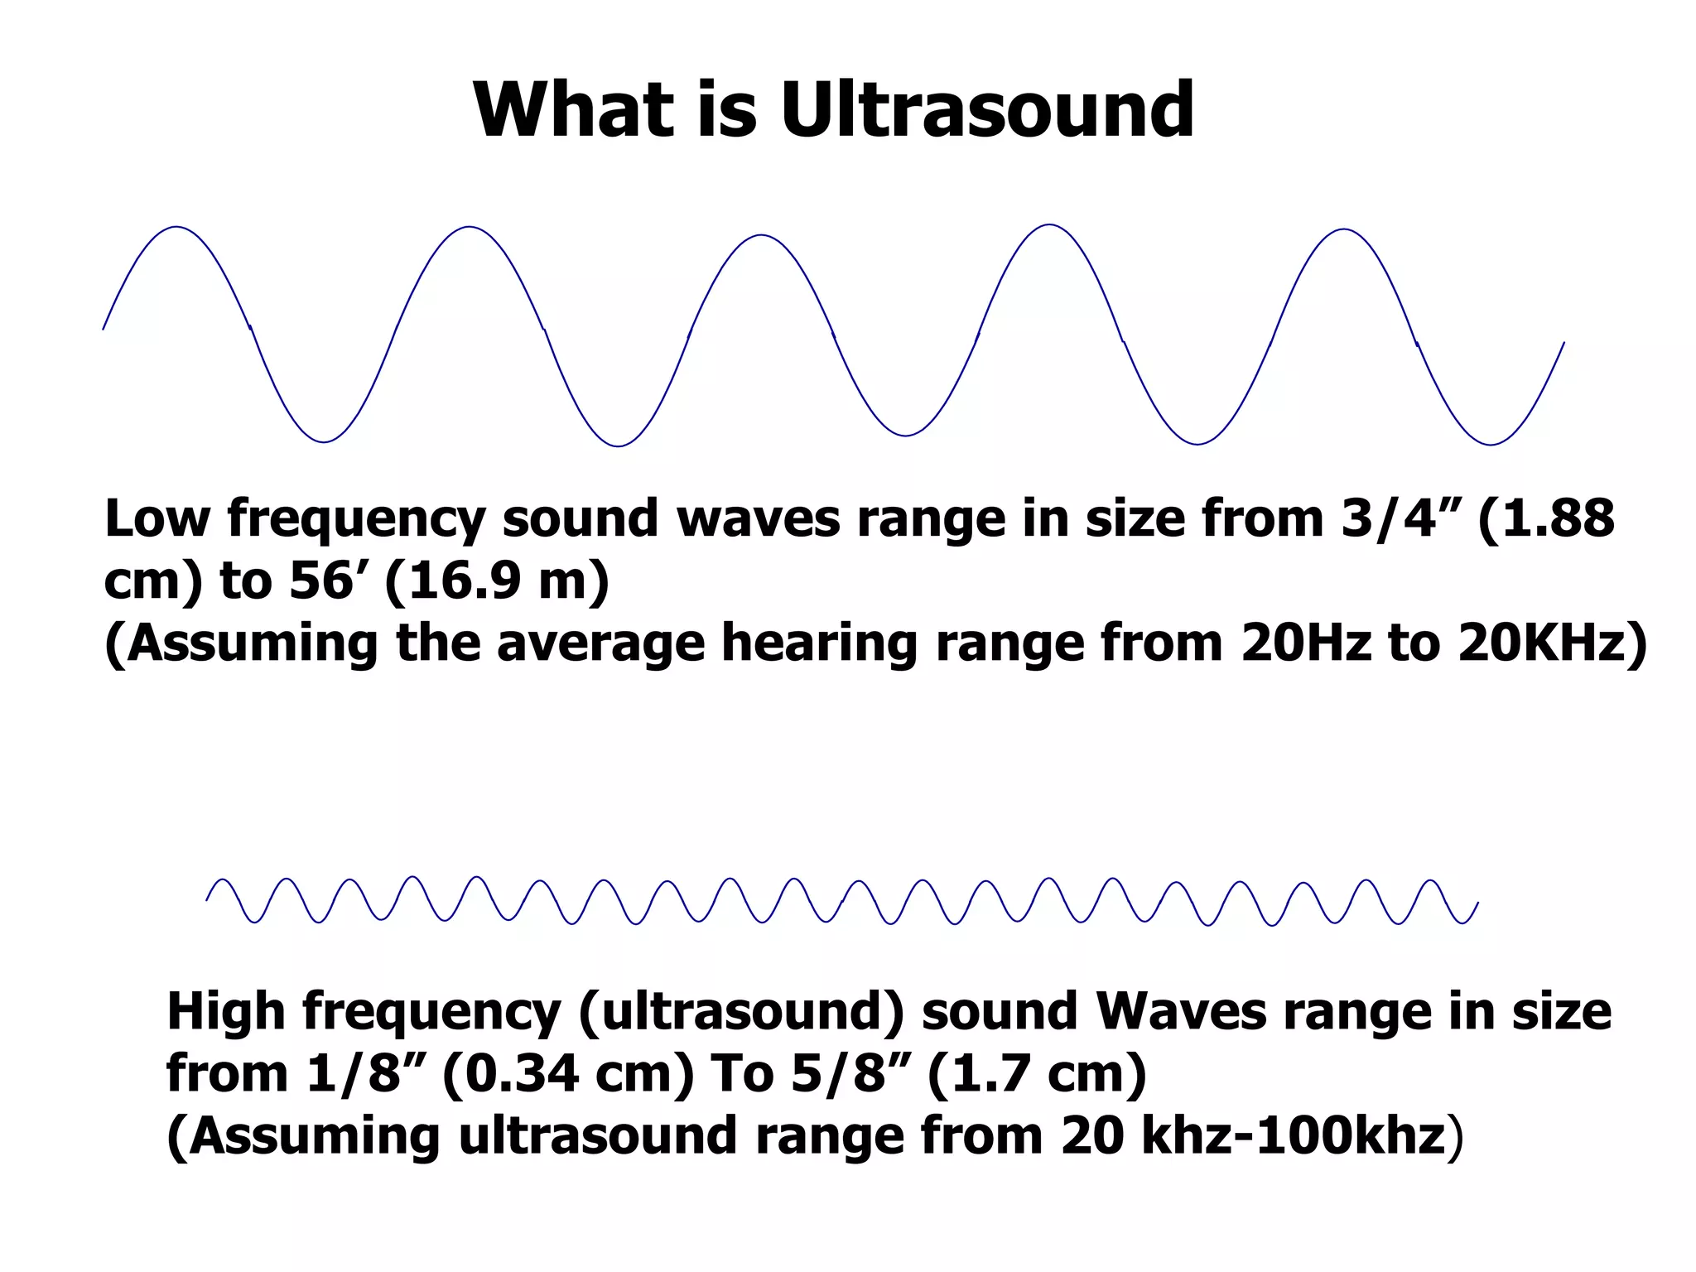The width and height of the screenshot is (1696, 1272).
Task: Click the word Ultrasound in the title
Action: [987, 110]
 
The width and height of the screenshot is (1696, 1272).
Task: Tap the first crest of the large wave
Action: [176, 227]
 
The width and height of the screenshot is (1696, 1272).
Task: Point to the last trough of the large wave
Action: [1490, 444]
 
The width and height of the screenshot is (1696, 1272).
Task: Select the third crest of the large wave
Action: [761, 236]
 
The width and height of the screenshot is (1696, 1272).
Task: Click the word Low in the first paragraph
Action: [157, 519]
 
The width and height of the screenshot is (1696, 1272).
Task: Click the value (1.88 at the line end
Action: [1546, 519]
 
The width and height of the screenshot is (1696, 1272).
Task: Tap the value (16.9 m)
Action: [497, 581]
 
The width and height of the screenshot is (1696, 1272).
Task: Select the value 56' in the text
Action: [329, 581]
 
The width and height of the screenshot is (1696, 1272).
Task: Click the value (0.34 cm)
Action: [568, 1074]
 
